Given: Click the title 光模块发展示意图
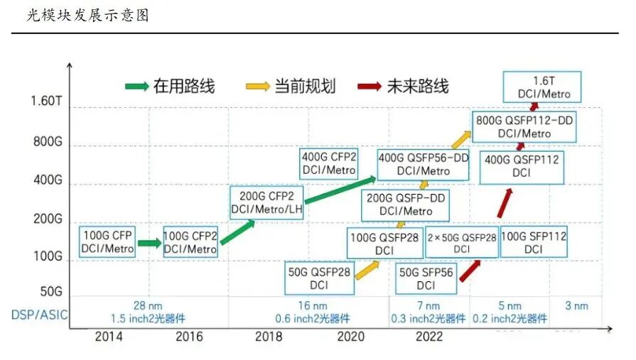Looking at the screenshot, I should pos(87,15).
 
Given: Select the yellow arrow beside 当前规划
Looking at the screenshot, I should pos(259,87).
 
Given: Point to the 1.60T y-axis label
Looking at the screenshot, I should pos(47,101).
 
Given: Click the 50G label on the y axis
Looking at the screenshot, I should pos(50,291).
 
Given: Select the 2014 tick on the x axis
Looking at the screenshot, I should pos(109,337).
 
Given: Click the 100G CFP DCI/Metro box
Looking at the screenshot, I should pos(107,241).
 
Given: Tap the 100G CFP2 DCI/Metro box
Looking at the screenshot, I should pos(190,241).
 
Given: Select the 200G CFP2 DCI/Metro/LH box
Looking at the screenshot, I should pos(266,202).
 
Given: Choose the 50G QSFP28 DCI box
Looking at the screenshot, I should pos(318,277).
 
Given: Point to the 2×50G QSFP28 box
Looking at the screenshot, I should pos(461,242).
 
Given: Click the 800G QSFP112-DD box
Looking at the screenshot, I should pos(524,126).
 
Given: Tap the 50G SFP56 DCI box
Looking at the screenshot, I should pos(426,278).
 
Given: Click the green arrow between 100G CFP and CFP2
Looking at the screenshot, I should pos(149,243).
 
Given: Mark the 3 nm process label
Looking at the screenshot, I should pos(576,306).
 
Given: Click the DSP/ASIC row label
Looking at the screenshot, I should pos(40,313).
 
